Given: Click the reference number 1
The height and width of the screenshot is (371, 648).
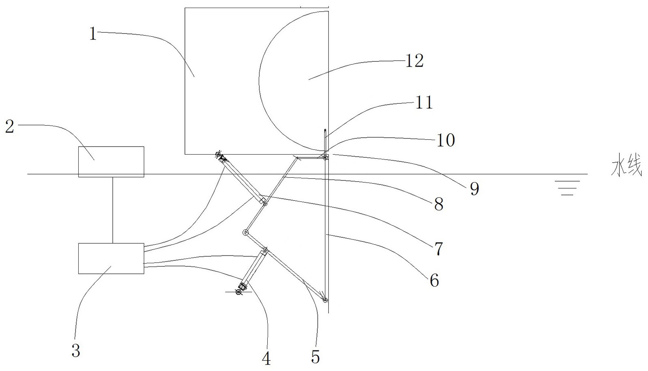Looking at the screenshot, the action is click(93, 34).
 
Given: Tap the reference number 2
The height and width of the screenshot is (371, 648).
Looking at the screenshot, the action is click(10, 126).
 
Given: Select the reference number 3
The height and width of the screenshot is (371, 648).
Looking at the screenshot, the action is click(75, 350).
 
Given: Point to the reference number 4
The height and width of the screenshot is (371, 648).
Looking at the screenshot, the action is click(266, 358).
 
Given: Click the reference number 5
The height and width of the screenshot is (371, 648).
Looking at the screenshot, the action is click(315, 356).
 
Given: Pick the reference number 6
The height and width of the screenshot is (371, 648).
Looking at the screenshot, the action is click(434, 280).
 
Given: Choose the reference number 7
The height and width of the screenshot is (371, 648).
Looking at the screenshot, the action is click(438, 249).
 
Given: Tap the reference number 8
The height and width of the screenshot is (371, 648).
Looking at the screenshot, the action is click(439, 204).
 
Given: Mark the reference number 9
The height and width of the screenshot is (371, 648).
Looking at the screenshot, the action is click(474, 189).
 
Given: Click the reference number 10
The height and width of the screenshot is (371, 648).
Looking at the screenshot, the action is click(446, 140).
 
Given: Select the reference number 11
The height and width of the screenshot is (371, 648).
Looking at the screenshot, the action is click(424, 103).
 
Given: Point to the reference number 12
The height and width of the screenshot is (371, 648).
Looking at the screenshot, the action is click(414, 61).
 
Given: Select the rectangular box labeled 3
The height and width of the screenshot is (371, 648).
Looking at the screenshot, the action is click(111, 258).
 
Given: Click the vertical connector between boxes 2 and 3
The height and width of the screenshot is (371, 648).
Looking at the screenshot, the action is click(113, 210).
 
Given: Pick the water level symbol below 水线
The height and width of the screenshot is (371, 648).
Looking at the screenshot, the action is click(567, 188).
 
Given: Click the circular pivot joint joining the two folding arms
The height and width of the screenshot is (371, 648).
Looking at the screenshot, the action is click(245, 233).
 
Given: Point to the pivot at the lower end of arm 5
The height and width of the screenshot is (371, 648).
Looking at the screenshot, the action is click(325, 300).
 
